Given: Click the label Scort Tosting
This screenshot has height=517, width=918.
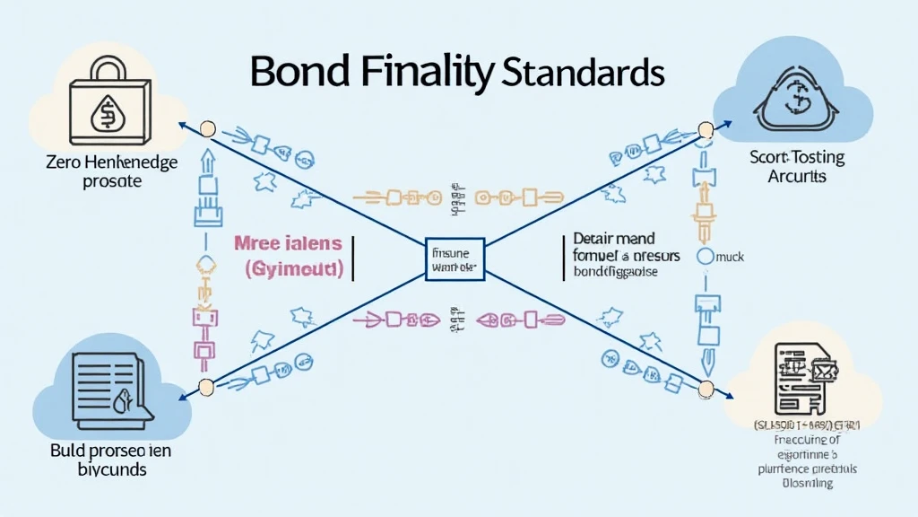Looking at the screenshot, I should [x=796, y=157].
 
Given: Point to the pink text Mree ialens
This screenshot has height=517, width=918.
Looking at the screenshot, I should [x=288, y=243].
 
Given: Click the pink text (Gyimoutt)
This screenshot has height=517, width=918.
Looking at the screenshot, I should [x=294, y=268].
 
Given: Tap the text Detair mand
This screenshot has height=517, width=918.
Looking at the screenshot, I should [x=614, y=240].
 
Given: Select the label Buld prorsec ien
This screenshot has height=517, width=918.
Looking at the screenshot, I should [x=109, y=449].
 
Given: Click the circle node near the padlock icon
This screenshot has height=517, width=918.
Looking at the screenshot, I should [x=208, y=129].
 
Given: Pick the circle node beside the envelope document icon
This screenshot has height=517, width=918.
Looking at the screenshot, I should [x=706, y=389].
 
